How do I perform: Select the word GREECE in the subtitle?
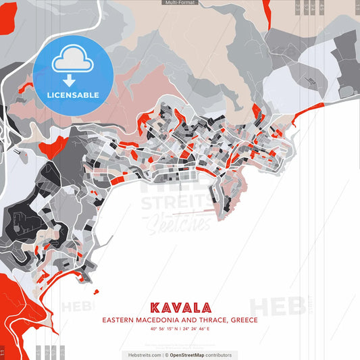tap(243, 320)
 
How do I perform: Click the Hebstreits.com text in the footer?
tap(143, 355)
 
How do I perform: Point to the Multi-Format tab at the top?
tap(180, 3)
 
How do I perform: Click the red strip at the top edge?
tap(267, 10)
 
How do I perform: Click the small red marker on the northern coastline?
tap(257, 111)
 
